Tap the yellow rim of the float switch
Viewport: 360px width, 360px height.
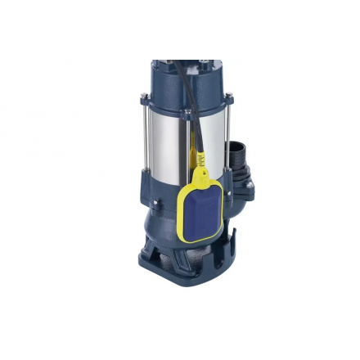181,214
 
